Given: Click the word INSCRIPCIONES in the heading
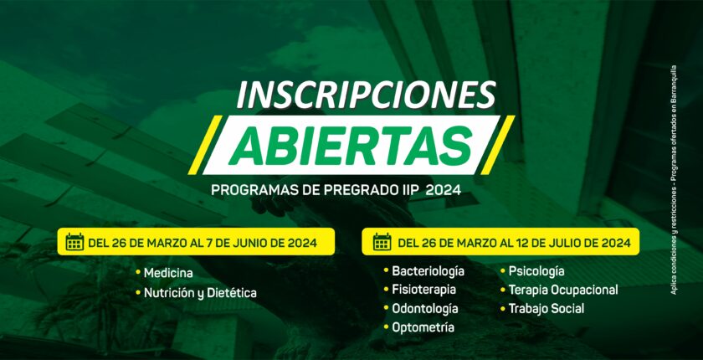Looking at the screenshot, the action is [367, 95].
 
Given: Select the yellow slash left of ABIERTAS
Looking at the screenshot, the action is [205, 145].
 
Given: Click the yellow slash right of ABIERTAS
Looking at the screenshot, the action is [498, 145].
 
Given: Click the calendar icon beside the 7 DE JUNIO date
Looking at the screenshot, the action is [74, 242].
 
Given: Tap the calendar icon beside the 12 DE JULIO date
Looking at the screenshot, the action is [382, 242].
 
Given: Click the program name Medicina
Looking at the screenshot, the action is [168, 273].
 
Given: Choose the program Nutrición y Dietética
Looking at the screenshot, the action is [200, 294].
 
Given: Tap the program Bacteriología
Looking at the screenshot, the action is [428, 271].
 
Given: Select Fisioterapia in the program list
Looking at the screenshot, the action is [424, 290].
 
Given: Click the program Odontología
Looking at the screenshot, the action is [425, 308].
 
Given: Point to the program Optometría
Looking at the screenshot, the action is [423, 327].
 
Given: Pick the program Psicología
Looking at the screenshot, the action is [536, 271].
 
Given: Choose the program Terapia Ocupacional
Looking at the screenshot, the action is [563, 290].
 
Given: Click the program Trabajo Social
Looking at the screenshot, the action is [546, 308].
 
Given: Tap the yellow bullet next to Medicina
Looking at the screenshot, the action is [138, 273].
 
